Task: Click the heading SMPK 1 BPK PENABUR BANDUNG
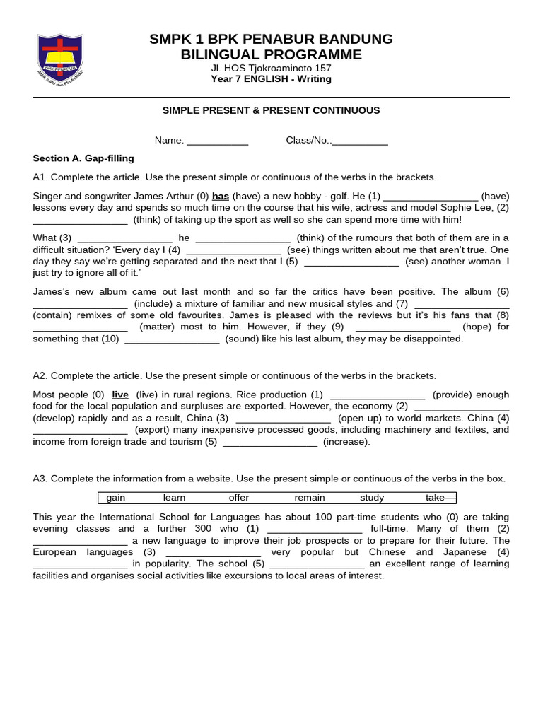(x=271, y=39)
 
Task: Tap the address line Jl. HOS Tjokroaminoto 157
(x=271, y=68)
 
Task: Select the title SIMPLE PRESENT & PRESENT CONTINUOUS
(x=271, y=110)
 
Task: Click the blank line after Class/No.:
(x=360, y=141)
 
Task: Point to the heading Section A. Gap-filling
(x=83, y=158)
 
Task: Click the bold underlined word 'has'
(x=221, y=196)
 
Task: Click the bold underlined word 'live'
(x=120, y=395)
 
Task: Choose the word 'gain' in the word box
(x=115, y=498)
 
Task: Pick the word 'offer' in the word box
(x=239, y=498)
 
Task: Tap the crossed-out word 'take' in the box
(x=436, y=498)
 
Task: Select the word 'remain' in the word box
(x=310, y=498)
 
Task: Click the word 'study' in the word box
(x=372, y=498)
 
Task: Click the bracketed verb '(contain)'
(x=54, y=315)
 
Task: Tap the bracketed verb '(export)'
(x=153, y=430)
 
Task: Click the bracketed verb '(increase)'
(x=346, y=442)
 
